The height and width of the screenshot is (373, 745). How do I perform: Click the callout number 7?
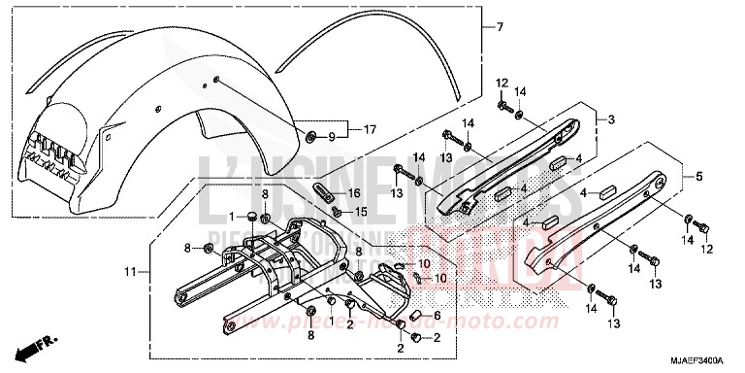[x=501, y=26]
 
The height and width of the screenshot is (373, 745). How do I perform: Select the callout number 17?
[x=370, y=128]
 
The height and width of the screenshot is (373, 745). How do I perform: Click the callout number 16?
[x=355, y=193]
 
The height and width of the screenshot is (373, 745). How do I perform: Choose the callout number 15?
[x=359, y=212]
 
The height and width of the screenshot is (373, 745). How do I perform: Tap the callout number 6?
[x=437, y=316]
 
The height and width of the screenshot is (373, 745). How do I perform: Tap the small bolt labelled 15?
[x=336, y=211]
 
